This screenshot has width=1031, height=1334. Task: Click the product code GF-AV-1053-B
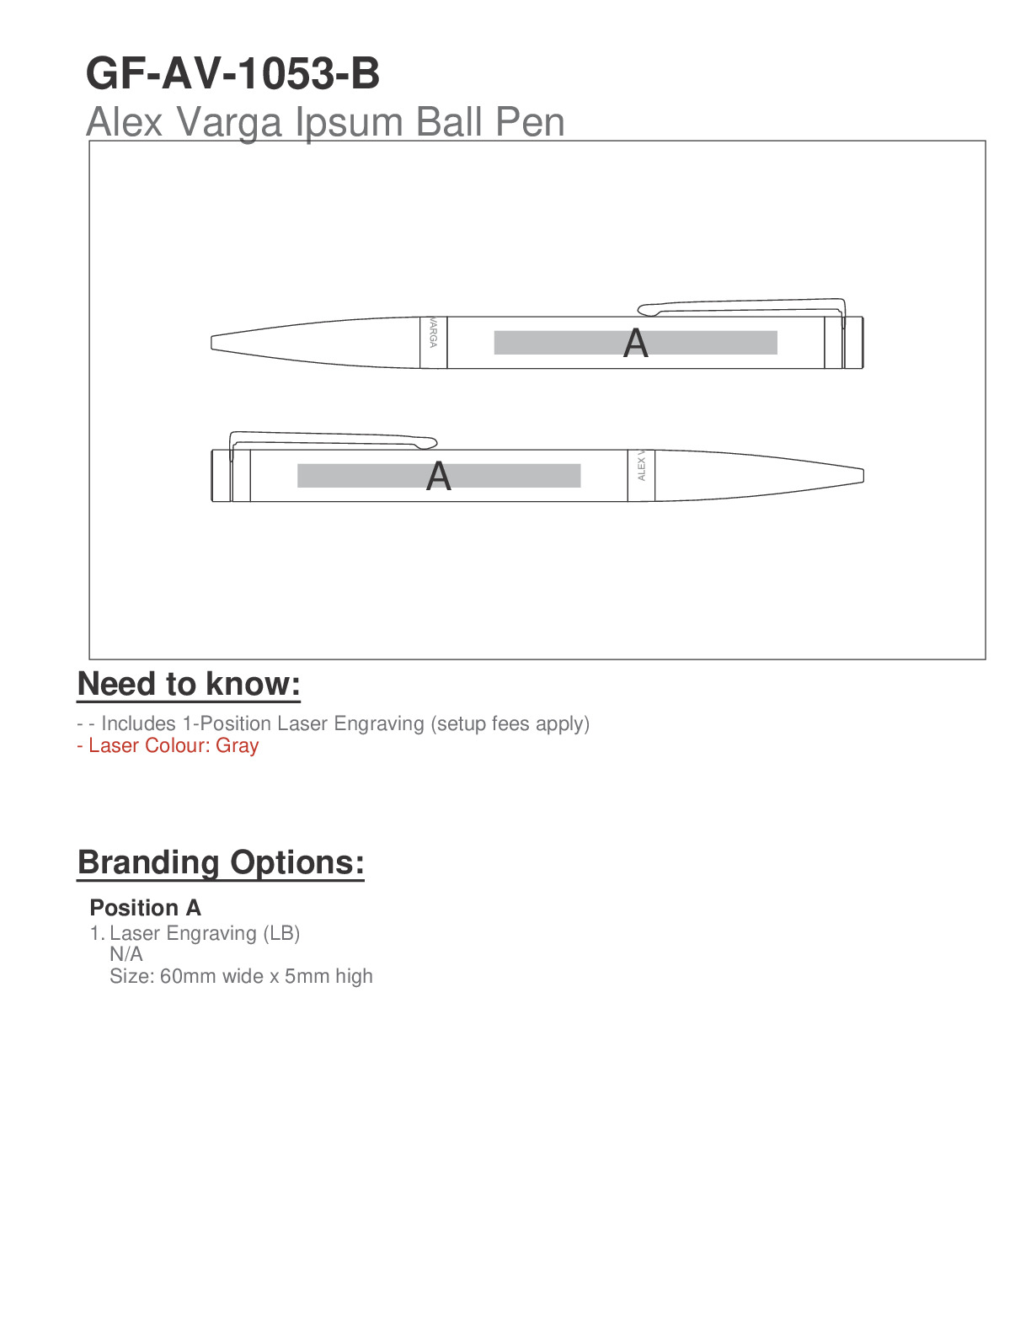[232, 74]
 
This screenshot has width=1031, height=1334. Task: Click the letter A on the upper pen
[636, 344]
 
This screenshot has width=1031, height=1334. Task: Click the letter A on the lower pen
[438, 477]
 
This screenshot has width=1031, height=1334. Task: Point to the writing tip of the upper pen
[214, 343]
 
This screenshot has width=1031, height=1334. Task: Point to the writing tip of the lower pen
[861, 476]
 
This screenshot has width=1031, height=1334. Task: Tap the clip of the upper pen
[741, 303]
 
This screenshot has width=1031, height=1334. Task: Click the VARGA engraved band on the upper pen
[433, 342]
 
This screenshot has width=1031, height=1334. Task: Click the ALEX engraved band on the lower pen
[641, 476]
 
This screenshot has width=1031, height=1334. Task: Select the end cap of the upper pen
[852, 342]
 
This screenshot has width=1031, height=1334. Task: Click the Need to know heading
[189, 685]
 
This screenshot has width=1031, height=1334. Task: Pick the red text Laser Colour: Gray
[168, 746]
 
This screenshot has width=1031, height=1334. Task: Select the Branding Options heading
[221, 863]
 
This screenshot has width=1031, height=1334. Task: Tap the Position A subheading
[146, 908]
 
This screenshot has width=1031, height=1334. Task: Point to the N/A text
[126, 954]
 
